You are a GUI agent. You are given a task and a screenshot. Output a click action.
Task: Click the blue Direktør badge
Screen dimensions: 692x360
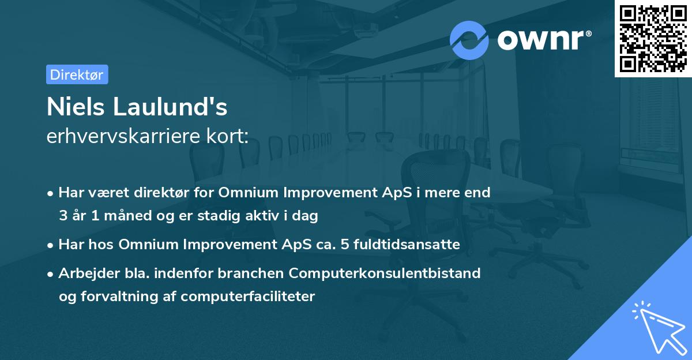pos(77,74)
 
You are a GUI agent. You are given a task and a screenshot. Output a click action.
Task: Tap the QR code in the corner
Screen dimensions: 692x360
pos(653,39)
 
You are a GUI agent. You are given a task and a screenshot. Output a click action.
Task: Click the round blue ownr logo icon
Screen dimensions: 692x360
pos(469,40)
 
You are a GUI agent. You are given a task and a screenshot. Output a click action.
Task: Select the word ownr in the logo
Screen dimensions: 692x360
pos(540,40)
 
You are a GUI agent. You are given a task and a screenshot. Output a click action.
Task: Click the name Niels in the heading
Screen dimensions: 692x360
pos(76,107)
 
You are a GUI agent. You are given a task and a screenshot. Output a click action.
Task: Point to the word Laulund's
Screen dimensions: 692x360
pos(170,107)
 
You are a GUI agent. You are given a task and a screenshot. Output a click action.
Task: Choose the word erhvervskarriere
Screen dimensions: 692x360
pos(123,136)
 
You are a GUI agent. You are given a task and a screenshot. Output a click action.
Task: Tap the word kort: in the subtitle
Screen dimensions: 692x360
pos(228,136)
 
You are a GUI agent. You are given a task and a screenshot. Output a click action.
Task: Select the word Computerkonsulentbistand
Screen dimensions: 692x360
pos(385,273)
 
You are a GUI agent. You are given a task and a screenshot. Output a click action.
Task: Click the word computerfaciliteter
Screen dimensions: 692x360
pos(248,297)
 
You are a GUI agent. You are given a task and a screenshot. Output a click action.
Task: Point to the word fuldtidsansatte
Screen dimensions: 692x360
pos(407,245)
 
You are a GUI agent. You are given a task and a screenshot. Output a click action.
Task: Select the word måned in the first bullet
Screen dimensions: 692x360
pos(127,216)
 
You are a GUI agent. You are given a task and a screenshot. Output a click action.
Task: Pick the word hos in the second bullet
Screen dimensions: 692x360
pos(101,245)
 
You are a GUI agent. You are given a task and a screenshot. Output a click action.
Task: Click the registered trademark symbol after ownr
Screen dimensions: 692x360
pos(589,33)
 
